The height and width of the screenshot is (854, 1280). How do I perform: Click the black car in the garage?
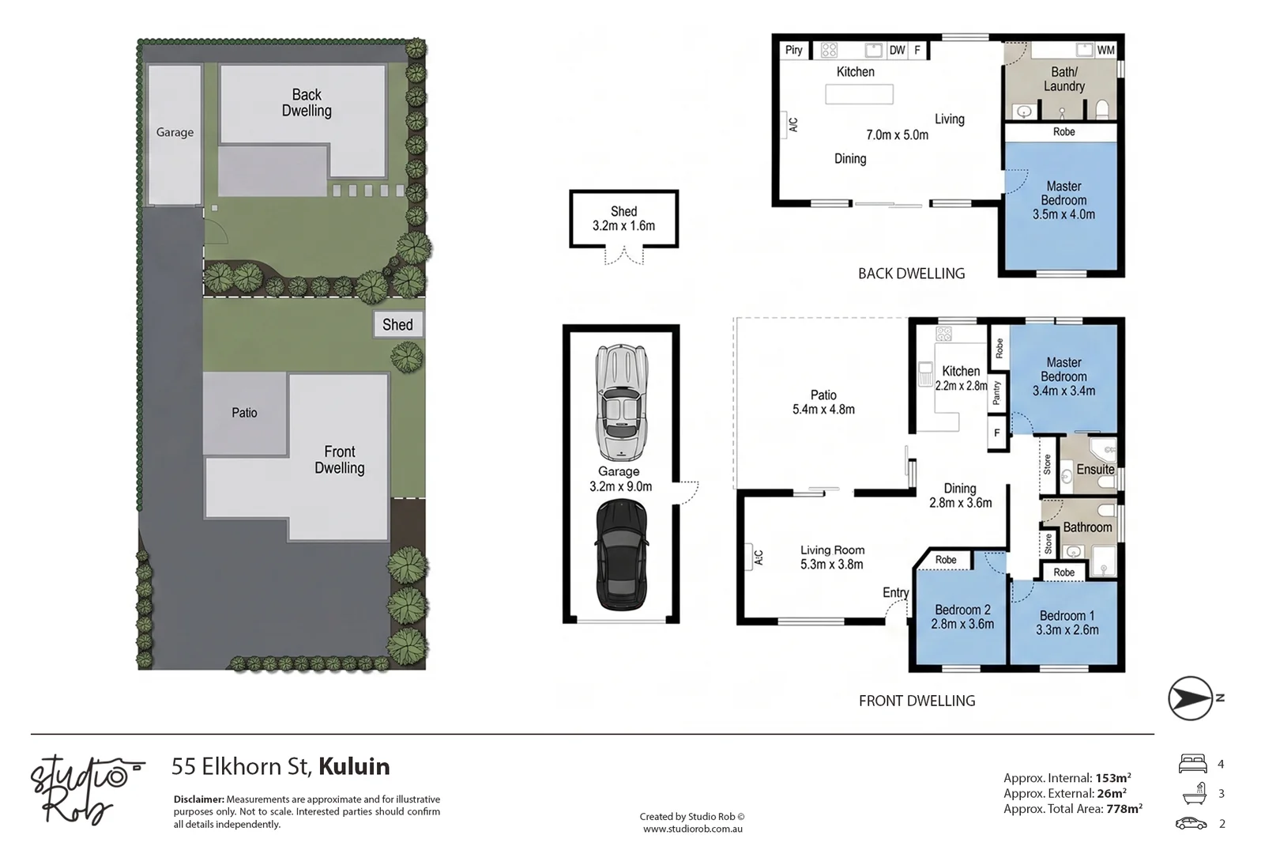622,555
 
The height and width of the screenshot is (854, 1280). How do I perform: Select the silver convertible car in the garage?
622,402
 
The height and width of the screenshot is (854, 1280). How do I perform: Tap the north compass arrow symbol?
1190,698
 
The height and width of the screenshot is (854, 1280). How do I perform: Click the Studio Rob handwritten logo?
85,790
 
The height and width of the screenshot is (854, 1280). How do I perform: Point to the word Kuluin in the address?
354,766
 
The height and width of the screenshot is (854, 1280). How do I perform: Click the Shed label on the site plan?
397,325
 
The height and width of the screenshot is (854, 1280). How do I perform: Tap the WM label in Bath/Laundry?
1105,51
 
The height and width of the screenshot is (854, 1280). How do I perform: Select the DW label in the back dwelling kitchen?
897,51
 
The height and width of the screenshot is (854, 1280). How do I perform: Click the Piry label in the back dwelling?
794,50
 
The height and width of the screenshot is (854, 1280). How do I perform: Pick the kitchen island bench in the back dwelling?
859,94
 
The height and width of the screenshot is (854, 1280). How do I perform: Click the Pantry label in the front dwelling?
996,393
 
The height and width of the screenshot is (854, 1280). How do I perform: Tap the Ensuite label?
1095,470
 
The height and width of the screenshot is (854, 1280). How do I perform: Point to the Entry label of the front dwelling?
895,592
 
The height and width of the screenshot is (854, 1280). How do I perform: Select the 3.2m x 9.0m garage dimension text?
620,487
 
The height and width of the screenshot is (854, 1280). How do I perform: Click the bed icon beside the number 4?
1192,764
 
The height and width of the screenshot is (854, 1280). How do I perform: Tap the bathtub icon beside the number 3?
1195,793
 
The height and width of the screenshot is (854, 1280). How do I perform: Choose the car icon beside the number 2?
1192,824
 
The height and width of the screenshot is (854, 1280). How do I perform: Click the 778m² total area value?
1124,809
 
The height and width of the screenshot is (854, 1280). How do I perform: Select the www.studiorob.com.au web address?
693,829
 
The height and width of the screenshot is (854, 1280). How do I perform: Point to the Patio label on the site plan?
244,413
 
